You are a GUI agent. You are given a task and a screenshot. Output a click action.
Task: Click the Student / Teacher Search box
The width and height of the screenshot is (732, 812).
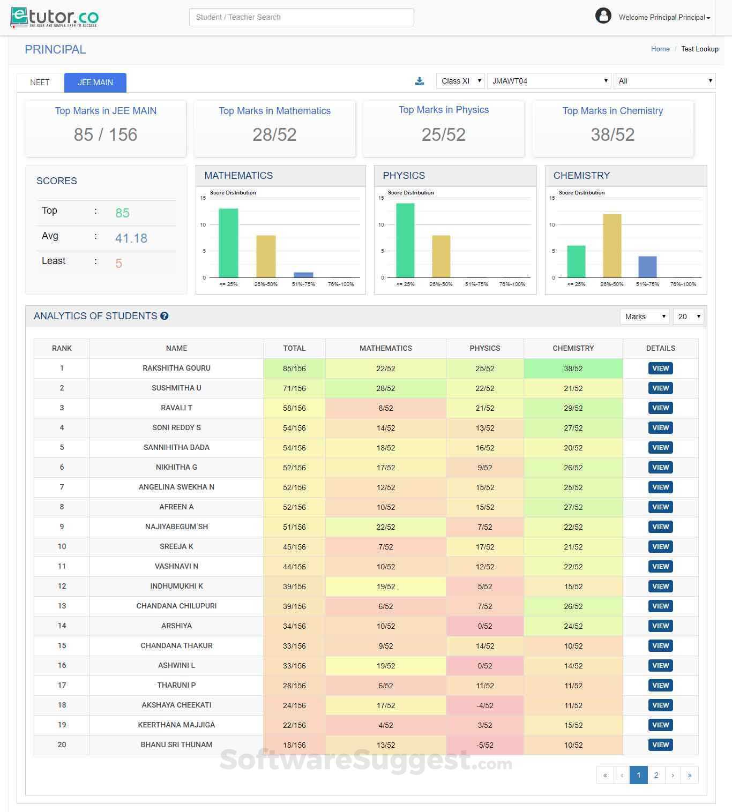click(301, 17)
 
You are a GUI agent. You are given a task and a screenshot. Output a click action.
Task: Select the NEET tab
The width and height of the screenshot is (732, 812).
click(40, 82)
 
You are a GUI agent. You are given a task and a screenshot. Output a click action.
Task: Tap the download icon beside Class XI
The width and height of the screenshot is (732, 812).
click(420, 81)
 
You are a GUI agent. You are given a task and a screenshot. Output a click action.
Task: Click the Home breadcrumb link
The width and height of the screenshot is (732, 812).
click(660, 49)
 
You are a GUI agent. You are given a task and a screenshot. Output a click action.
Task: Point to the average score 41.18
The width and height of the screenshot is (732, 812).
click(131, 238)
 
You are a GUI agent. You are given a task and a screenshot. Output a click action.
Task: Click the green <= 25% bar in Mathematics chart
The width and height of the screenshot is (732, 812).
click(228, 243)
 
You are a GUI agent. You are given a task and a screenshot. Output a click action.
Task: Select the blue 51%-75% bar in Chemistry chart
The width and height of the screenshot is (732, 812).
click(647, 267)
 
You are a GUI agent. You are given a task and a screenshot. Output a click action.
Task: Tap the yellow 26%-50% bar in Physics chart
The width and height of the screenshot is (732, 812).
click(441, 256)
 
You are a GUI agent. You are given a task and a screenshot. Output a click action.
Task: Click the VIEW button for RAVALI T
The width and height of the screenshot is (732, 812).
click(660, 408)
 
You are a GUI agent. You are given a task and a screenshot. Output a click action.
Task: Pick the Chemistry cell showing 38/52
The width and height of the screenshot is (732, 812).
click(573, 369)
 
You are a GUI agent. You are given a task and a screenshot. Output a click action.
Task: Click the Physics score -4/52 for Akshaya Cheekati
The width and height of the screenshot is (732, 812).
click(484, 705)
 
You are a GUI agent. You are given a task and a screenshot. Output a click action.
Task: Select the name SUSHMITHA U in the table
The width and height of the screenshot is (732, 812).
click(176, 388)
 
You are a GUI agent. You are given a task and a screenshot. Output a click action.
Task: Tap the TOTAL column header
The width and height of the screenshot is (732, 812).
click(294, 348)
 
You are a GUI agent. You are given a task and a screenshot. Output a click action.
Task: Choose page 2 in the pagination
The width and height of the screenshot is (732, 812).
click(656, 775)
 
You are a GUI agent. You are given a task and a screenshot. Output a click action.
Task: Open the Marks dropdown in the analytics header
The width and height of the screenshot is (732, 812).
click(645, 317)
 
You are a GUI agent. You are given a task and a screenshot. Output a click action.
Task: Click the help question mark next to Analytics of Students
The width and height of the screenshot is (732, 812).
click(165, 316)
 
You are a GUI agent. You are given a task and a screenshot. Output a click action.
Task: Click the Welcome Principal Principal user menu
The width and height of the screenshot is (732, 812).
click(664, 17)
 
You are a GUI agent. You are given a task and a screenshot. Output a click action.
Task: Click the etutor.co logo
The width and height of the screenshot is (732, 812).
click(55, 17)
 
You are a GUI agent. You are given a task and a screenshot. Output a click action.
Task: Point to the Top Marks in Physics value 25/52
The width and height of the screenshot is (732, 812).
click(443, 134)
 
